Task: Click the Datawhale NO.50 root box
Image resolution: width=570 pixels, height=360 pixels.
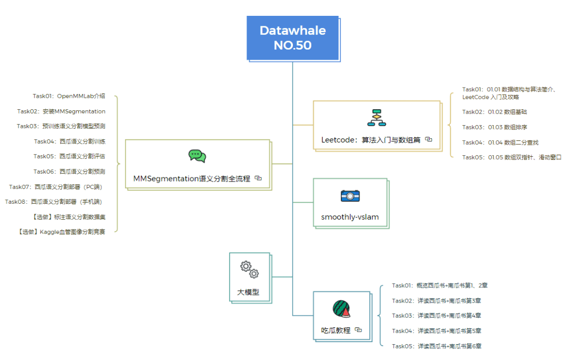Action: click(x=292, y=37)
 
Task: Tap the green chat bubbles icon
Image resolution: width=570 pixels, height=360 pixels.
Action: click(x=197, y=156)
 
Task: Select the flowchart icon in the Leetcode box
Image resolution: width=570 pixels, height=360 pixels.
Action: click(x=377, y=118)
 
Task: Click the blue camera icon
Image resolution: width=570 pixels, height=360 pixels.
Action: click(x=350, y=196)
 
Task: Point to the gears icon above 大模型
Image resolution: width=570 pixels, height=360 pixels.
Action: click(x=250, y=269)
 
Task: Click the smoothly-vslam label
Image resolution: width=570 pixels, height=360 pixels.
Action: click(x=350, y=217)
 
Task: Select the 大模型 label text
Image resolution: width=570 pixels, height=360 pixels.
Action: click(x=248, y=291)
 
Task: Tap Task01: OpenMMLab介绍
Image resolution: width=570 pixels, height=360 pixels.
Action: click(x=69, y=96)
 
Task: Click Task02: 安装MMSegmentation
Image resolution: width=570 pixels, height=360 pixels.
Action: click(x=61, y=111)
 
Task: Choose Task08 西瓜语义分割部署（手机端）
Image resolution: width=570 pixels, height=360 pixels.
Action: click(x=55, y=202)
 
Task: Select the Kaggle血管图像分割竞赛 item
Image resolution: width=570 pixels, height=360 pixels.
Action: click(x=61, y=232)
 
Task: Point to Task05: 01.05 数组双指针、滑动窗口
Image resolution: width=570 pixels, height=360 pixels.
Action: click(x=511, y=157)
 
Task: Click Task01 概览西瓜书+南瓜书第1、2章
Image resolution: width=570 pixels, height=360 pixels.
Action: click(x=439, y=286)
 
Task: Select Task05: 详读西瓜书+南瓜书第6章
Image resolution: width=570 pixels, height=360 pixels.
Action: click(x=436, y=346)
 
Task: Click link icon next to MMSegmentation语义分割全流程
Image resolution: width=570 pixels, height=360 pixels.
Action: click(x=258, y=178)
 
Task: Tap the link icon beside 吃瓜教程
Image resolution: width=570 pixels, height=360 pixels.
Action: click(x=358, y=329)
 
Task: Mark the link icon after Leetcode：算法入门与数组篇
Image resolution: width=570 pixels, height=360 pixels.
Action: click(x=429, y=139)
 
